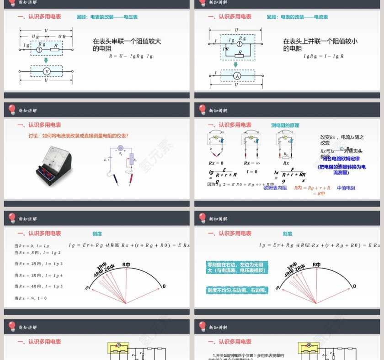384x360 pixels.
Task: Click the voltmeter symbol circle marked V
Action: tap(46, 72)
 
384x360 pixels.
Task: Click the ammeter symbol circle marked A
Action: tap(237, 76)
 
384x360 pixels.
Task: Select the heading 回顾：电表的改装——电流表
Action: tap(298, 17)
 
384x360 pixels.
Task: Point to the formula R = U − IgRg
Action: tap(130, 56)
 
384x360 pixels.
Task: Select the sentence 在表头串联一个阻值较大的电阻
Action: tap(127, 44)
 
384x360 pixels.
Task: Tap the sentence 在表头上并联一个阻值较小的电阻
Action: tap(320, 44)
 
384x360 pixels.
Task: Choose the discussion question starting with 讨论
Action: tap(79, 136)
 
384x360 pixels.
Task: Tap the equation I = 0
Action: tap(252, 172)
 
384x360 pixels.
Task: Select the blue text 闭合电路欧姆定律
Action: tap(341, 159)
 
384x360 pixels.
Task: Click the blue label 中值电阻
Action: tap(346, 188)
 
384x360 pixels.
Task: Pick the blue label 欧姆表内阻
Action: tap(275, 188)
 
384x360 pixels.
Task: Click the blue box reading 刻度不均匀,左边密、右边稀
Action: tap(237, 290)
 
